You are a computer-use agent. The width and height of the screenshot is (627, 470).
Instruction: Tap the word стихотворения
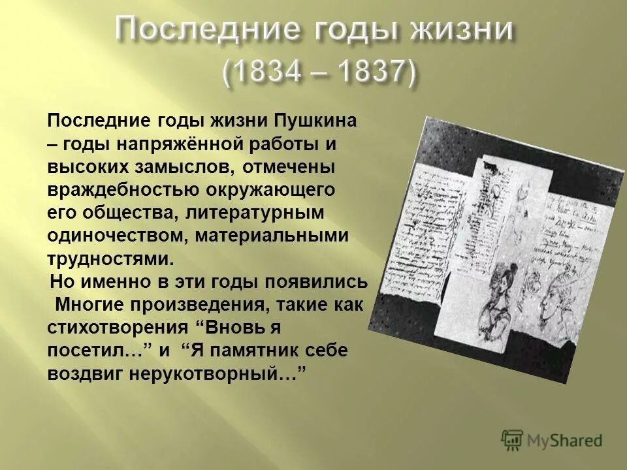(x=118, y=328)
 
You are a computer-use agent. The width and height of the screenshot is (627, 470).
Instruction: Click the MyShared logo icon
(x=512, y=440)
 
